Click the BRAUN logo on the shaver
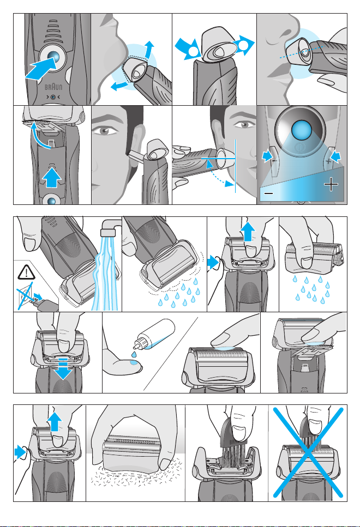pyautogui.click(x=53, y=87)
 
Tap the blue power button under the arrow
pyautogui.click(x=53, y=57)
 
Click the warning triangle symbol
pyautogui.click(x=26, y=272)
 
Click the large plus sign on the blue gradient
pyautogui.click(x=331, y=184)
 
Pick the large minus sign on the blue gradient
pyautogui.click(x=268, y=193)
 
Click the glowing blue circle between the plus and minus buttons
pyautogui.click(x=302, y=130)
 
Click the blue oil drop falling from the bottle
pyautogui.click(x=134, y=354)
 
